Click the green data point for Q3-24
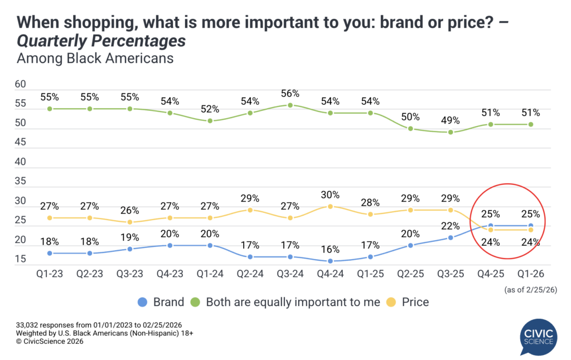coord(290,105)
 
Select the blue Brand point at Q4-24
coord(330,261)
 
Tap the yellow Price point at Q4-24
coord(330,206)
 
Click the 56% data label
coord(290,93)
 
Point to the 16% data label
coord(330,249)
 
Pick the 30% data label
coord(330,194)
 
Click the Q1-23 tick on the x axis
coord(50,275)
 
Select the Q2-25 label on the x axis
coord(410,275)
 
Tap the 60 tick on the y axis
coord(21,85)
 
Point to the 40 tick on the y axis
coord(21,162)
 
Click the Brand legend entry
coord(161,303)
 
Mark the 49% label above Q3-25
coord(451,120)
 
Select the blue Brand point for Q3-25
coord(451,237)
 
